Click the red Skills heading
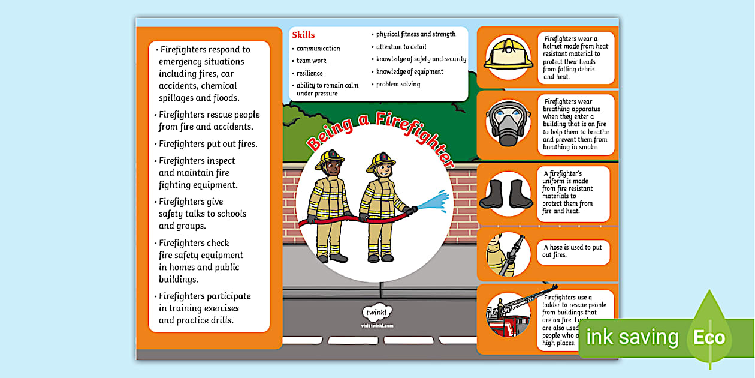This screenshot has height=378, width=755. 303,35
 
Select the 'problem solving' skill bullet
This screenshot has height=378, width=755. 398,84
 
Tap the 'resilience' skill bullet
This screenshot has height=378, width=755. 309,73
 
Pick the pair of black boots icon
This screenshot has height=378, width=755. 508,194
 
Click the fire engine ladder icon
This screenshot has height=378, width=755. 508,314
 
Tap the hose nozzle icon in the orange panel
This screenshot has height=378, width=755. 508,254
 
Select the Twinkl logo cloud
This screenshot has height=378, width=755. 377,313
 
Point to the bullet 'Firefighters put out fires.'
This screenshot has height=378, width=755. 208,144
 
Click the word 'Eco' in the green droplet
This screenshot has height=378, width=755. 709,337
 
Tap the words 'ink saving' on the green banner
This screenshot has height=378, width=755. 632,337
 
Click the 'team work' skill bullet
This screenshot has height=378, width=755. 311,61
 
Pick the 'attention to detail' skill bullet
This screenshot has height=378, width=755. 401,47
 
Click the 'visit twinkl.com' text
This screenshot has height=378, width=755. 377,326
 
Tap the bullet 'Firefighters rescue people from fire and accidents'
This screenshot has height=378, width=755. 209,121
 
